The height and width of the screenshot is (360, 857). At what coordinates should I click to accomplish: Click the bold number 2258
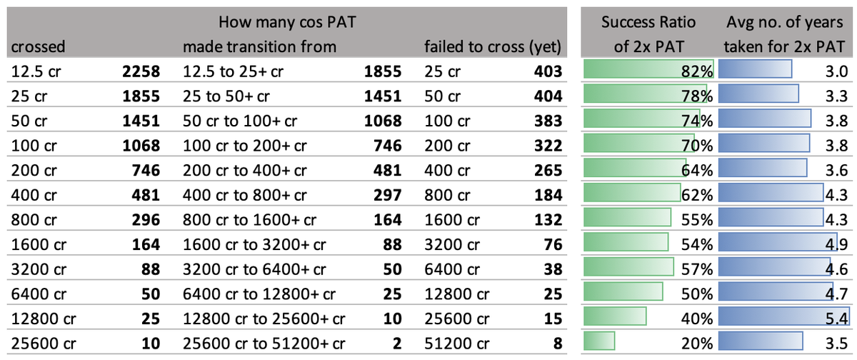pos(140,71)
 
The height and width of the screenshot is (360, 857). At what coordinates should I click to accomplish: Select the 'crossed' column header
pos(38,46)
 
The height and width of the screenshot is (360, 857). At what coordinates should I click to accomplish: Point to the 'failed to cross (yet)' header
pos(492,46)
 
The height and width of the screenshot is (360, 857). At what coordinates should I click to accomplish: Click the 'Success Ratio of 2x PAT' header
pos(648,34)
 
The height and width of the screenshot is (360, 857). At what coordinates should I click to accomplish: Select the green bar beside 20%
pos(594,341)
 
